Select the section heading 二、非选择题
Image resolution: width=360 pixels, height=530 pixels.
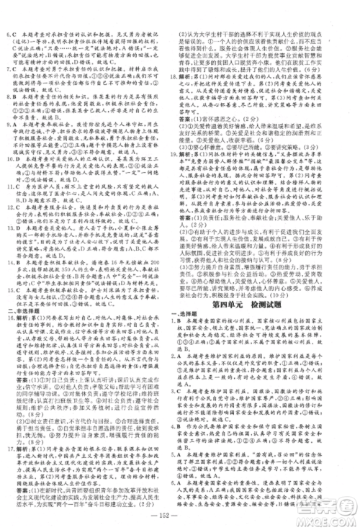pyautogui.click(x=22, y=310)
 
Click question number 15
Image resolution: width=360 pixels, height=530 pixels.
pyautogui.click(x=8, y=318)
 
